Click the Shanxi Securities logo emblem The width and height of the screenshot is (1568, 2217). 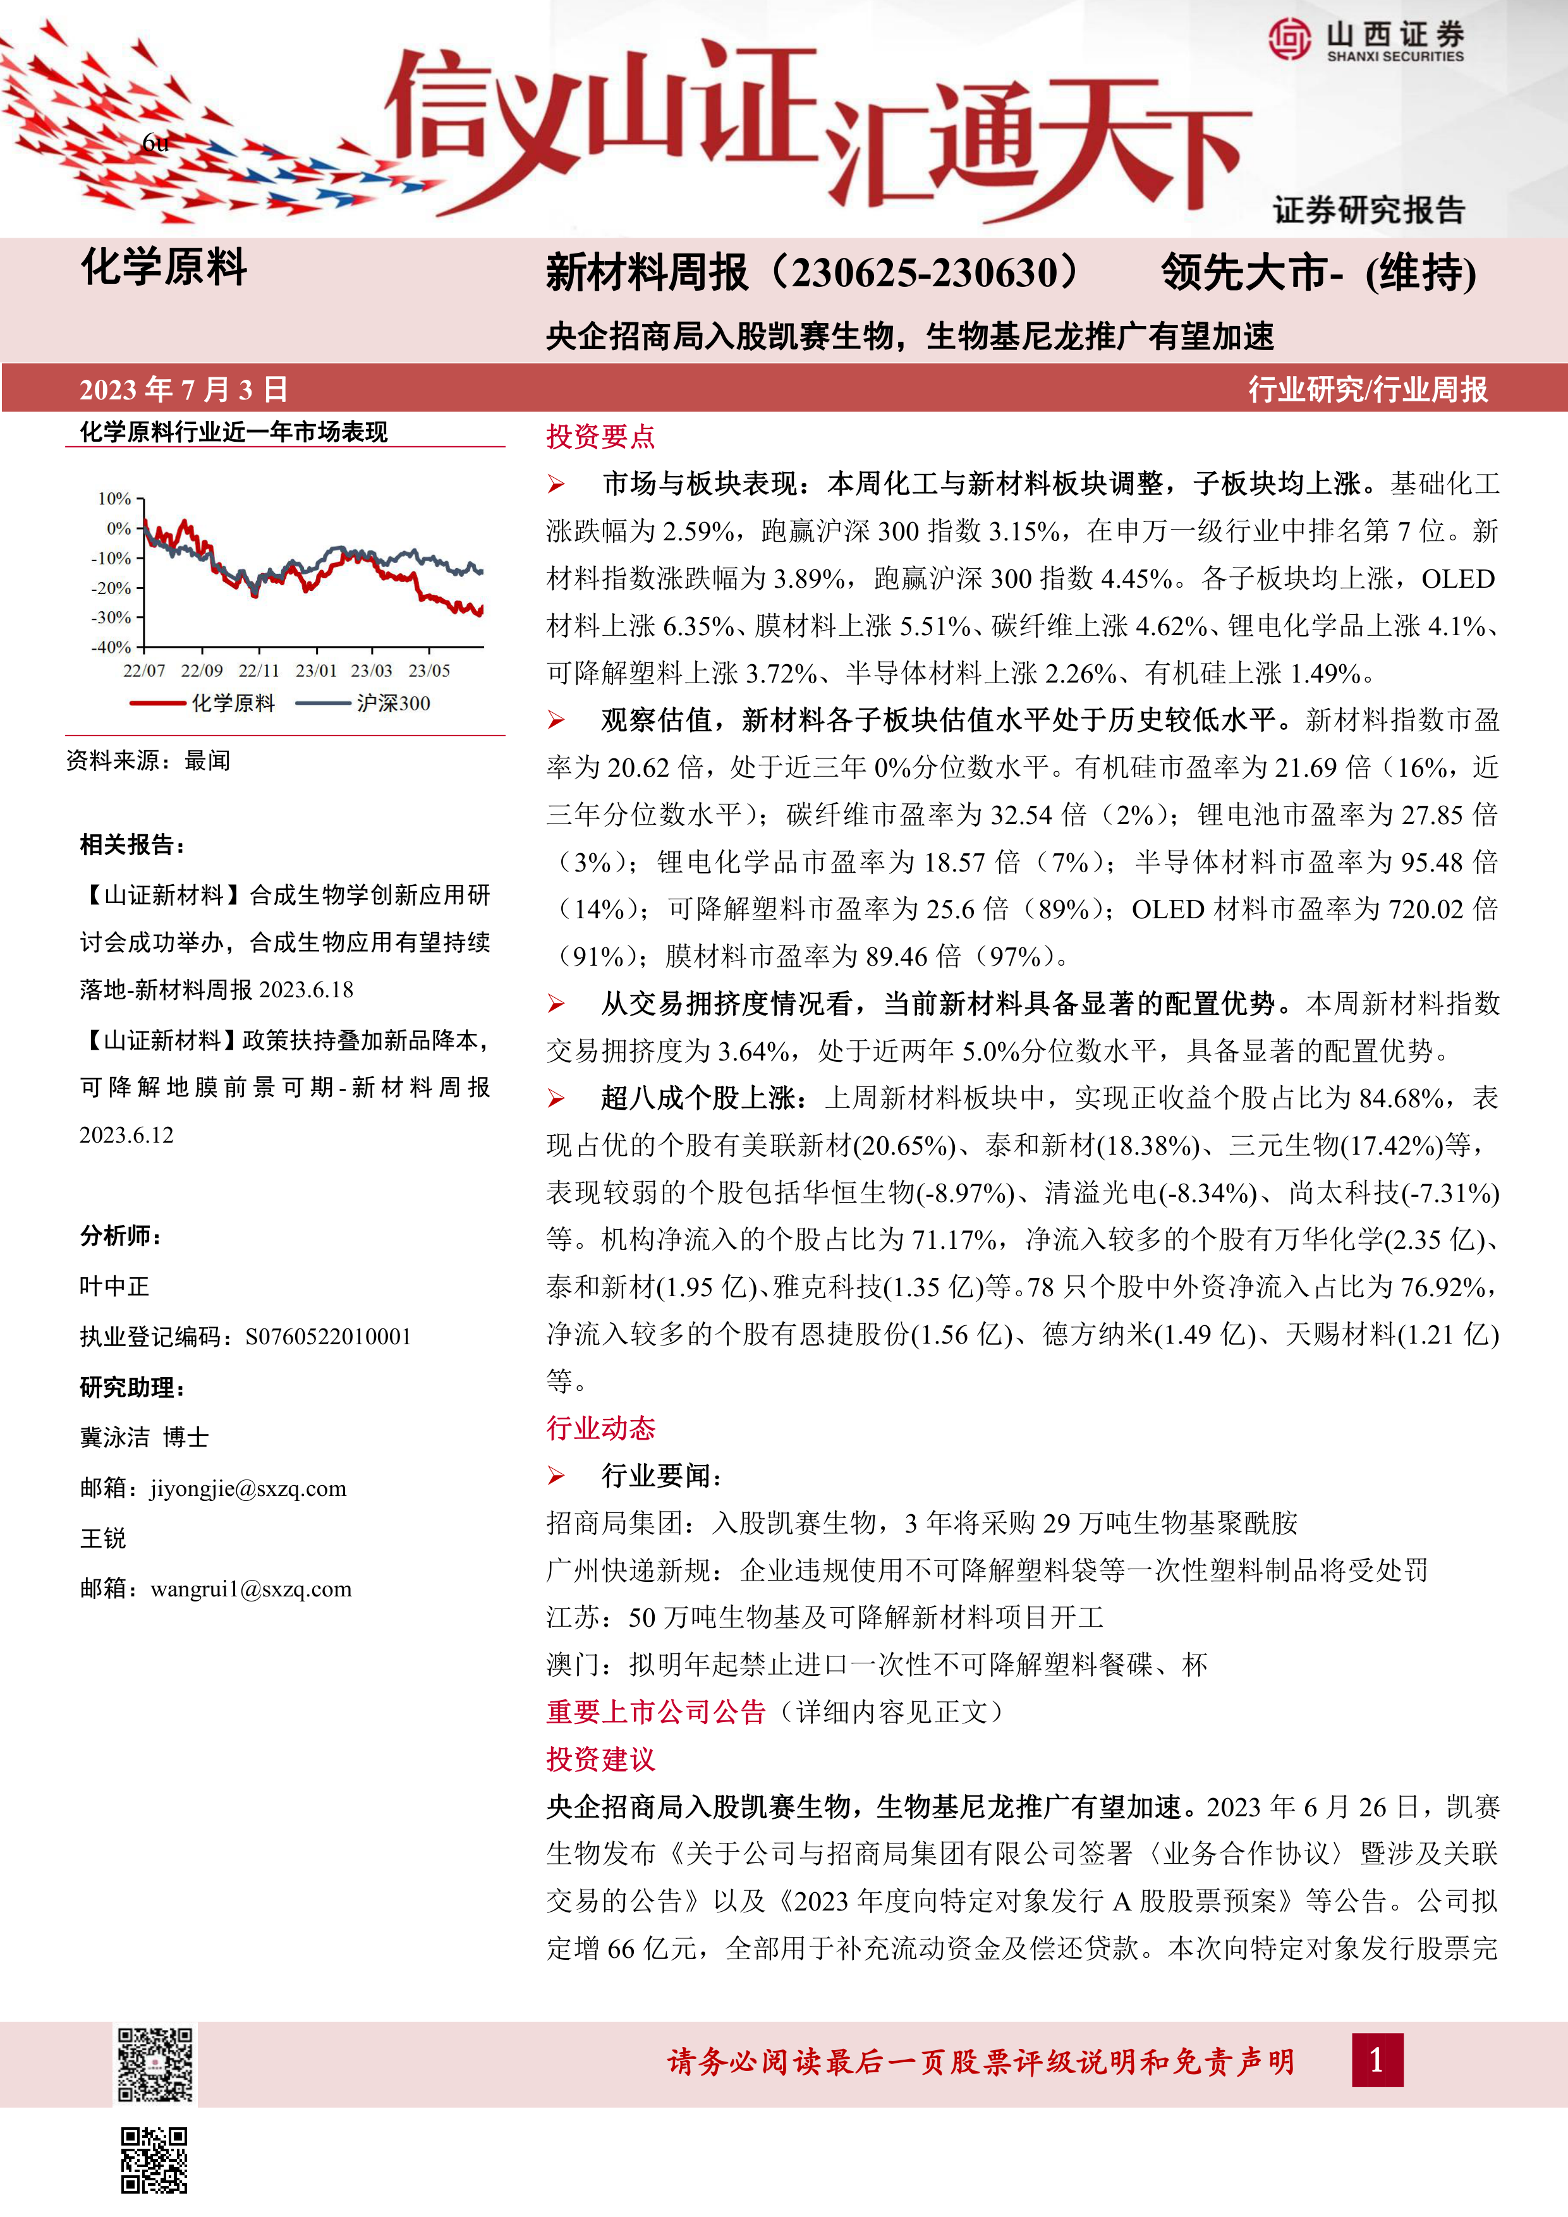pos(1290,40)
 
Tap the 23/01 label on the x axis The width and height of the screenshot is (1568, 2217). pos(316,670)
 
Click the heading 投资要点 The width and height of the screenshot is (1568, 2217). pos(600,437)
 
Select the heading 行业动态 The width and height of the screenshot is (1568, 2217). pos(600,1428)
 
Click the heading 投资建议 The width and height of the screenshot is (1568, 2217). pos(600,1759)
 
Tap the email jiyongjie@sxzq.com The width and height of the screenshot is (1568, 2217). pos(248,1488)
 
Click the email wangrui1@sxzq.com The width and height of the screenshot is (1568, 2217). pos(251,1588)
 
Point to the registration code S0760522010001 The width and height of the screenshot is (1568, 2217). pos(328,1337)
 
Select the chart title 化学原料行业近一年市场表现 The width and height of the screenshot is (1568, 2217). pos(234,432)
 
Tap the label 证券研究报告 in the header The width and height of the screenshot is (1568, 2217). pos(1368,210)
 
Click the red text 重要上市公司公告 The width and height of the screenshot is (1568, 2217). pos(655,1712)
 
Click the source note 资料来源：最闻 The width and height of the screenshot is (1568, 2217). pos(149,761)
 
